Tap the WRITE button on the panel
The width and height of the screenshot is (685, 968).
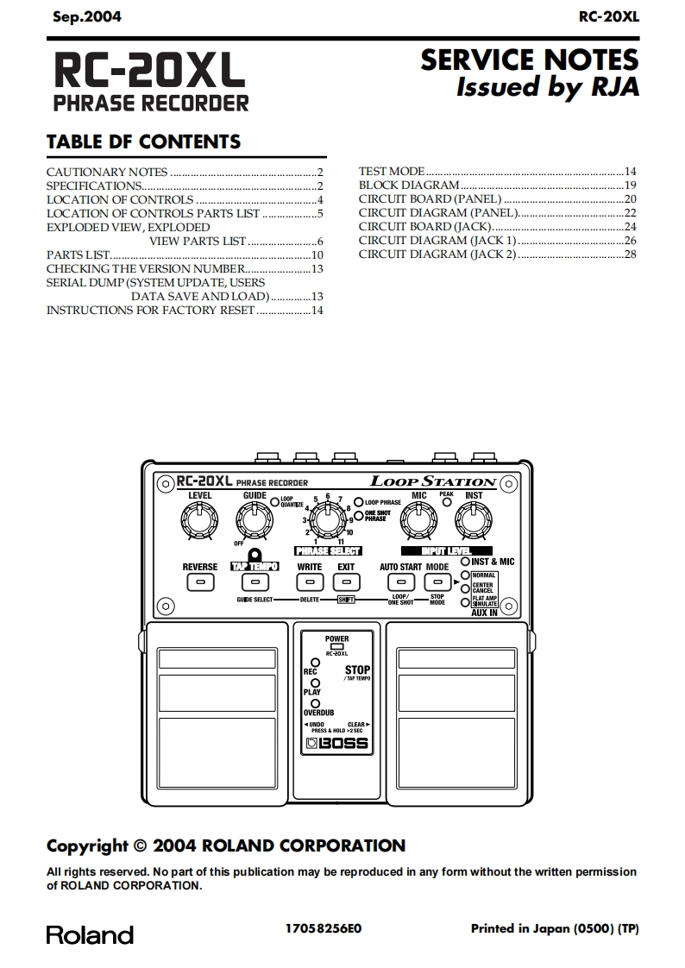click(x=309, y=583)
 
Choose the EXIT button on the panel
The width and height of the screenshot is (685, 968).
click(x=346, y=583)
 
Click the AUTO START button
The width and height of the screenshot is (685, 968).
click(x=399, y=583)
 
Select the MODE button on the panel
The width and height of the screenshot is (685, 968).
click(x=437, y=583)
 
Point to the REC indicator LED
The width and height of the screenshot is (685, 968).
click(x=317, y=662)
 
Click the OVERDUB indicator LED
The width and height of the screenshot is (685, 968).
click(x=317, y=703)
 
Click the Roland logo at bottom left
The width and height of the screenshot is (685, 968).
click(x=90, y=935)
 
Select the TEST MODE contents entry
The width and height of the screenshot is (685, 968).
click(x=392, y=172)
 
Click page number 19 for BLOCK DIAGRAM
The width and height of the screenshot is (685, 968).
click(x=630, y=185)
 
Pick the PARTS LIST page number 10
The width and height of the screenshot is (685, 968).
click(x=317, y=255)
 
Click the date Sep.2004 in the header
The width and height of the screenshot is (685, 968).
click(x=87, y=16)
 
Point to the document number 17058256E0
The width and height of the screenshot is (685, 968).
click(x=324, y=929)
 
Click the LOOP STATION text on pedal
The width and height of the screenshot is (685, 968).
click(x=433, y=481)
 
